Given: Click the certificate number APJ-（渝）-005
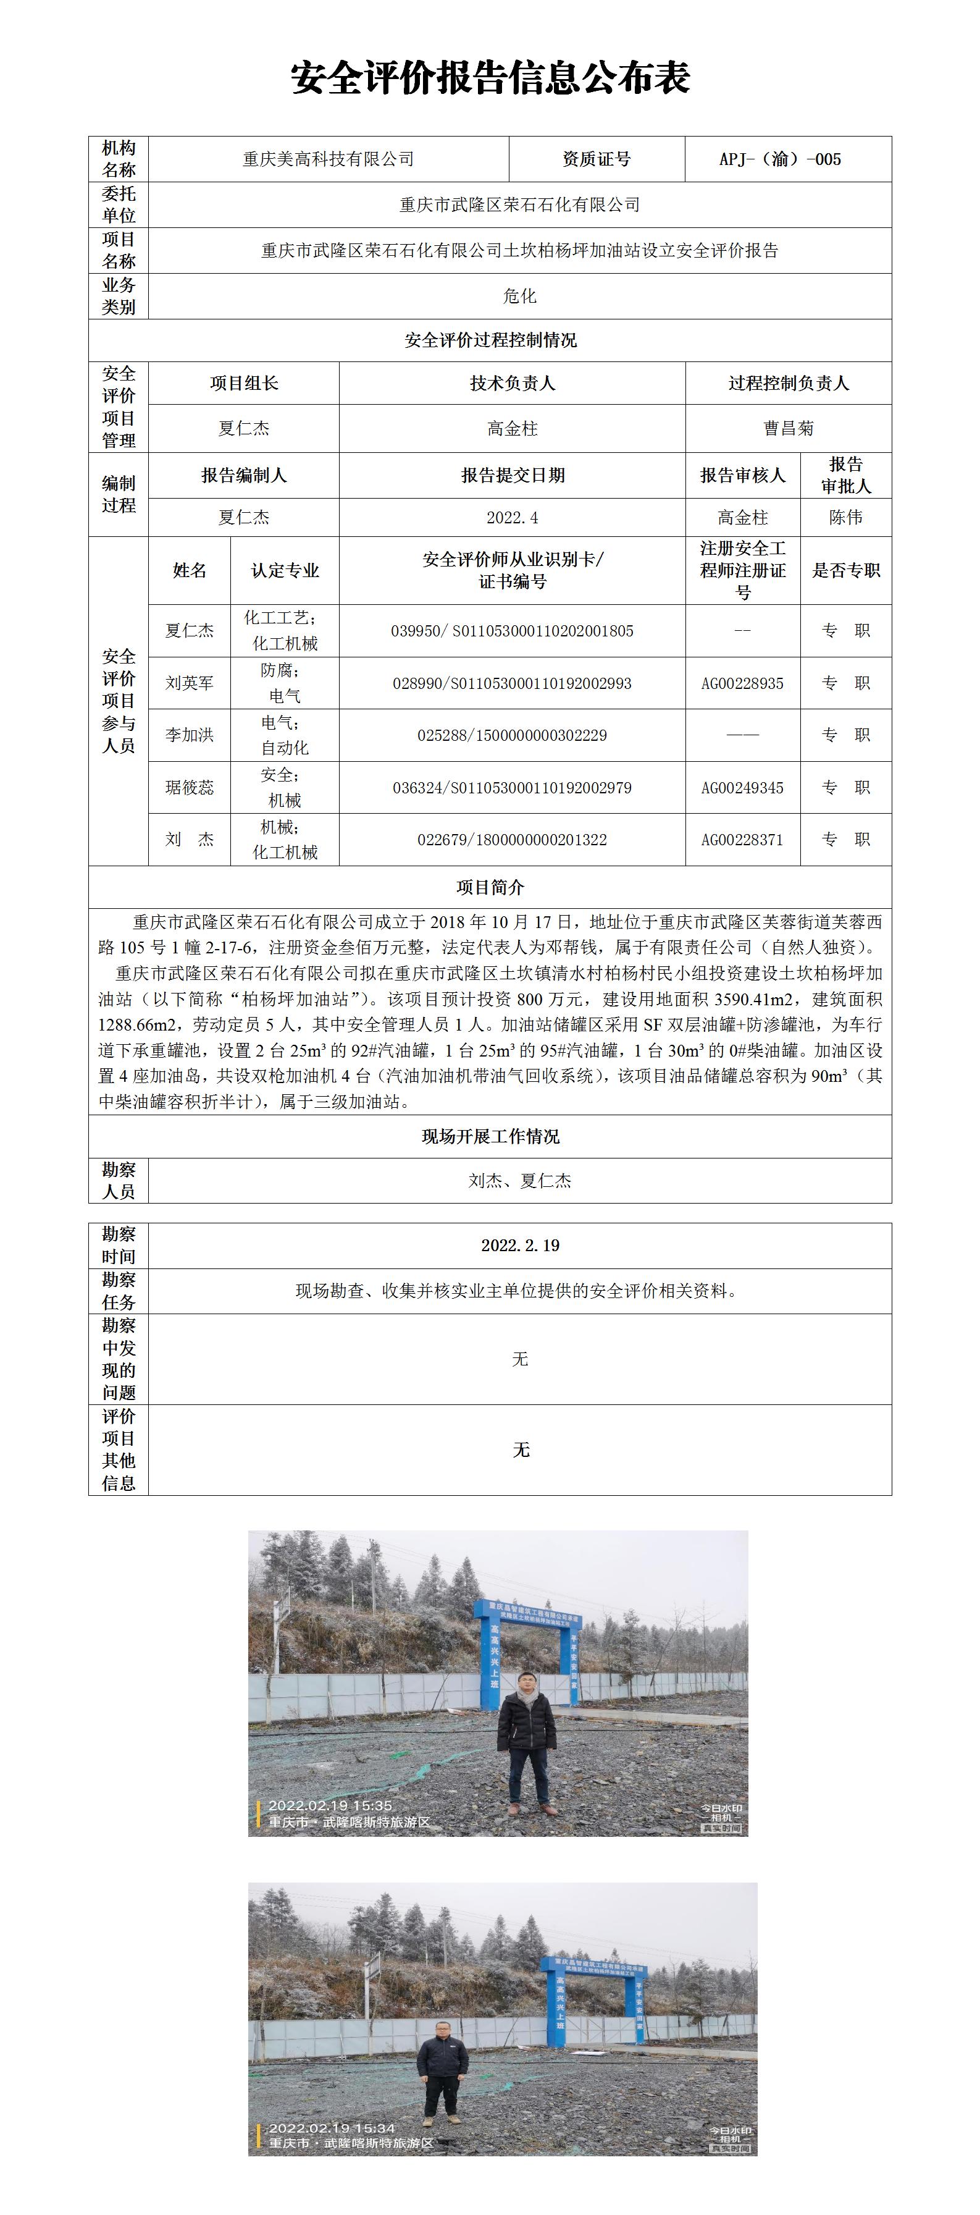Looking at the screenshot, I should [780, 159].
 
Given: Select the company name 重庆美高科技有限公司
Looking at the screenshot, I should [329, 159].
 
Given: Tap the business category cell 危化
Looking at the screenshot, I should [519, 296].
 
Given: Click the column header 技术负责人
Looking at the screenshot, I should [513, 384].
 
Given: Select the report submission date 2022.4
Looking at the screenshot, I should [513, 518].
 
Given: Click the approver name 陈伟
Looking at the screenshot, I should [846, 518].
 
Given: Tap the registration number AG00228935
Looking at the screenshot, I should [743, 683].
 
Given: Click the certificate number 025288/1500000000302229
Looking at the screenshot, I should [513, 735].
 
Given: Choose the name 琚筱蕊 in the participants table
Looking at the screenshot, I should [189, 788].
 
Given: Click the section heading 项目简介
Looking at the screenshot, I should [490, 887].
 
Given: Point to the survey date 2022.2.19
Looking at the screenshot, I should [519, 1245].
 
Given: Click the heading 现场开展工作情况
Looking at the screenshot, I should [490, 1137].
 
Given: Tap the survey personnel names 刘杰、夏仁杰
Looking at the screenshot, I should [519, 1181].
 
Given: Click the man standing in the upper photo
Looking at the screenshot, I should [527, 1741].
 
